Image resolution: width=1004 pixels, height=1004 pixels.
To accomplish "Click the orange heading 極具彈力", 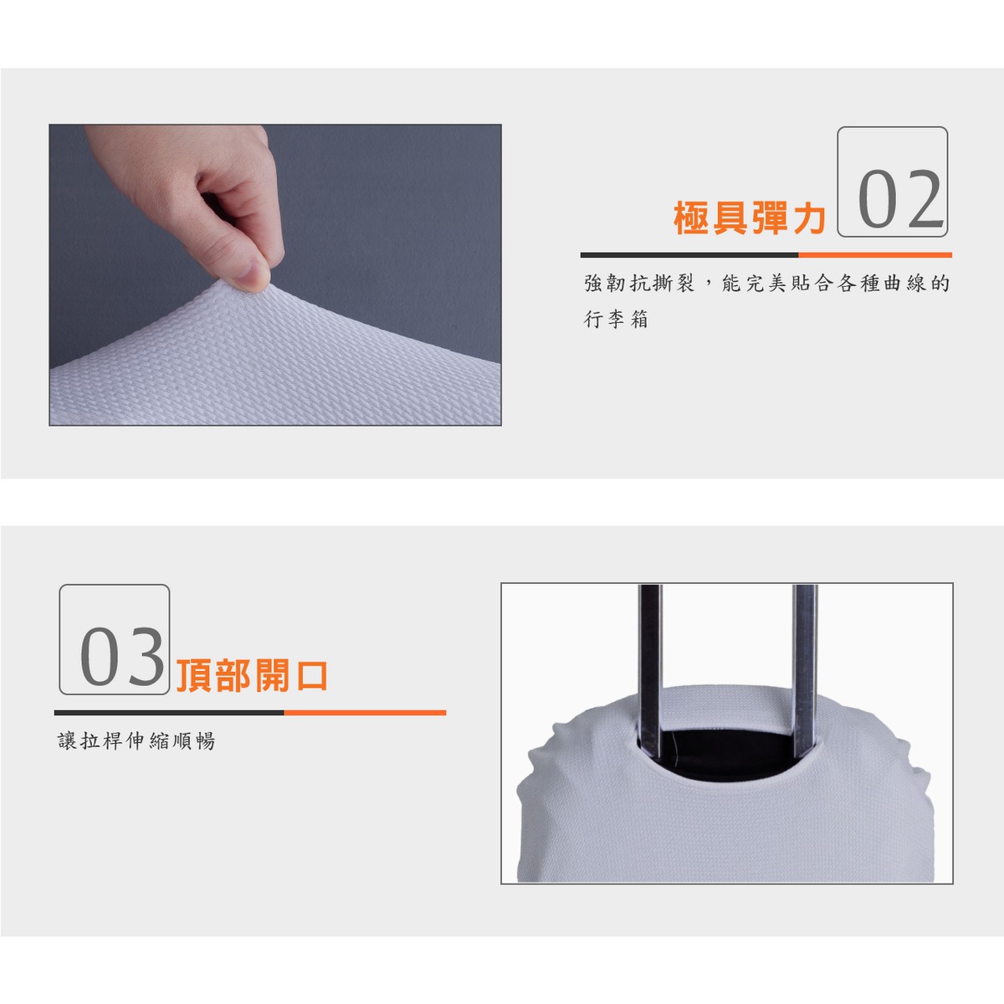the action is click(750, 218).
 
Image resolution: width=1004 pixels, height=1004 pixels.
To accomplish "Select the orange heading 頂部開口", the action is click(252, 676).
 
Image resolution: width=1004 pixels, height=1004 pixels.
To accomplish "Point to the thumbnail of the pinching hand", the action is click(275, 275).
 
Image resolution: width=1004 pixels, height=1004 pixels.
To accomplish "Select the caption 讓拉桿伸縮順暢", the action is click(136, 740).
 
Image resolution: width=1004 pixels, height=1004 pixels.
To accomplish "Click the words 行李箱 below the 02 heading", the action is click(616, 319).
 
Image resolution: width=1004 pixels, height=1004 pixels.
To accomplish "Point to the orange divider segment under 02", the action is click(875, 255).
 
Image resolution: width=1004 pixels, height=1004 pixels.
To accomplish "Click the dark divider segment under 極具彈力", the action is click(689, 255).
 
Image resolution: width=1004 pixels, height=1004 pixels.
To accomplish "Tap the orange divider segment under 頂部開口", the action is click(365, 712).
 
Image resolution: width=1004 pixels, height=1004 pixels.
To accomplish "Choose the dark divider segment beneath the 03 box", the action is click(169, 712).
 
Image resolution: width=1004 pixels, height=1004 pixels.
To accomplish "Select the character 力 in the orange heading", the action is click(809, 218).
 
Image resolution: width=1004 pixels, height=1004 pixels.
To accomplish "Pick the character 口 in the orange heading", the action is click(311, 676).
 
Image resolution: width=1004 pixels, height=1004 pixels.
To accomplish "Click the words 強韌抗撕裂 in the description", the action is click(638, 284).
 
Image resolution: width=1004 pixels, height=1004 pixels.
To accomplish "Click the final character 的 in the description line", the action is click(940, 284).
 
